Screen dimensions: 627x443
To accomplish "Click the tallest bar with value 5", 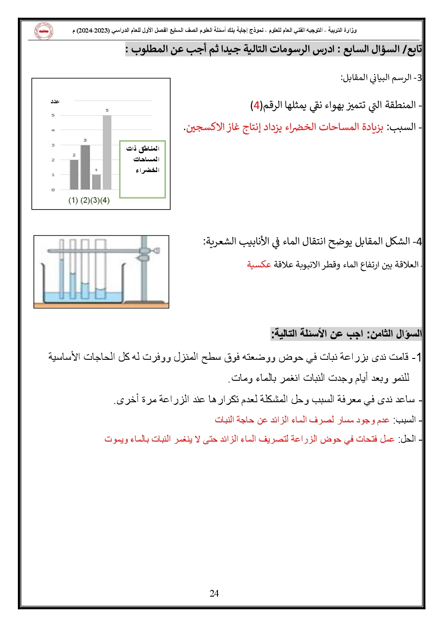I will point(107,152).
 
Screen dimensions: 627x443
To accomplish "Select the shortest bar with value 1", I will point(96,181).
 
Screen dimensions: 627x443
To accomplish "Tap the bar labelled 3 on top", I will point(85,167).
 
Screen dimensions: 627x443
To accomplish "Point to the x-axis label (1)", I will point(73,200).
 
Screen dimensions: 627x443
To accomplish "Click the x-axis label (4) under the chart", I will point(105,200).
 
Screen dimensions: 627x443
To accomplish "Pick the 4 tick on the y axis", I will point(53,130).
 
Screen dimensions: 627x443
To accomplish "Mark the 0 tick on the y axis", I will point(53,190).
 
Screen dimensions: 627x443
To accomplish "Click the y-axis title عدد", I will point(55,101).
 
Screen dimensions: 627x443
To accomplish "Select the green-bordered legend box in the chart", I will point(142,169).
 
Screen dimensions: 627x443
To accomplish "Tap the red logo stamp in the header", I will point(44,31).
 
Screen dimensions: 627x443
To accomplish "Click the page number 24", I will point(214,593).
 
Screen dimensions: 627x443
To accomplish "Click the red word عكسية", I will point(259,264).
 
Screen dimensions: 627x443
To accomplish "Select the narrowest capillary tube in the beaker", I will point(62,268).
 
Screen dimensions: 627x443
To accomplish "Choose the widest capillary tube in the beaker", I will point(100,268).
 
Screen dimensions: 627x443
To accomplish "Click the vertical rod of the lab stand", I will point(144,277).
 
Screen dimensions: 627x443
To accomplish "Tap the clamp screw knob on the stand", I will point(156,252).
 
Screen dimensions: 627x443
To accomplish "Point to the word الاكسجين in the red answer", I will point(203,127).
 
